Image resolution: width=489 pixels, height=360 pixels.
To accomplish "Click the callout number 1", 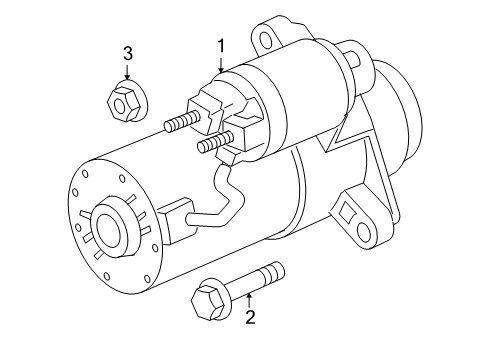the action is coord(223,44).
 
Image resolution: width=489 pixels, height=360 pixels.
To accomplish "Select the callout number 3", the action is coord(128,54).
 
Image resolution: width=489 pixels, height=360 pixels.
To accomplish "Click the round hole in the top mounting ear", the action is coord(267,39).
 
